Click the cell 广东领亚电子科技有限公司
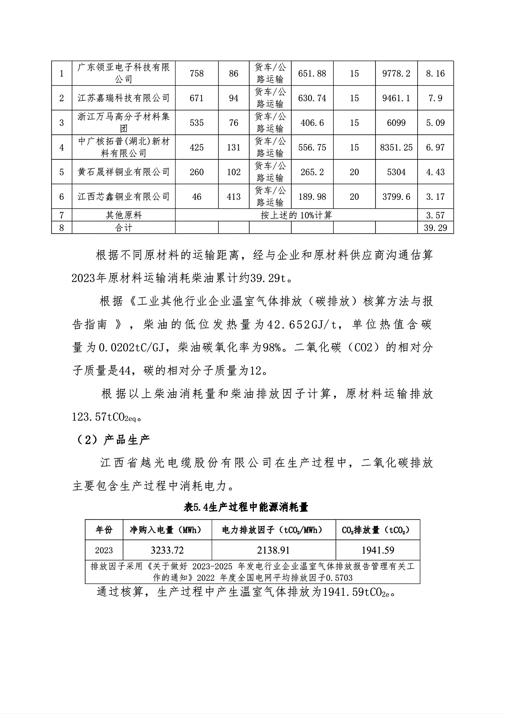point(124,73)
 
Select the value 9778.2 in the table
point(396,73)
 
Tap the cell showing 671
point(197,98)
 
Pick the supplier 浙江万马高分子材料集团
point(124,123)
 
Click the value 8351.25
point(396,147)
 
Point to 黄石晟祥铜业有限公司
point(124,172)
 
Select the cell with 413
point(233,196)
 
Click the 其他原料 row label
point(124,215)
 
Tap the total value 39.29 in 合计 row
point(435,227)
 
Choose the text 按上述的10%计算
point(296,215)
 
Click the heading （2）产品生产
point(111,439)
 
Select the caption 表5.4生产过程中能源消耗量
point(246,507)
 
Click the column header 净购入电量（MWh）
point(167,529)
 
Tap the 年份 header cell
point(104,529)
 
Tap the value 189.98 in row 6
point(312,196)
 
